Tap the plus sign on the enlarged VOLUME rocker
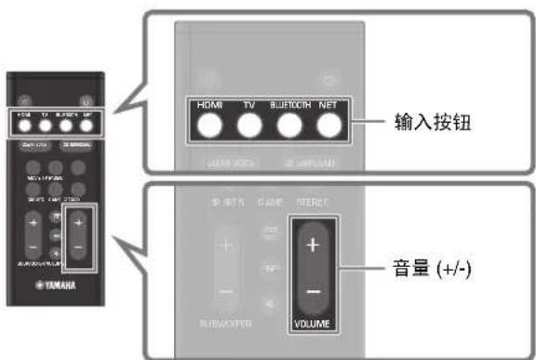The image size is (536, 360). click(x=312, y=246)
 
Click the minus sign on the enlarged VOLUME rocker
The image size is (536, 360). click(x=312, y=291)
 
